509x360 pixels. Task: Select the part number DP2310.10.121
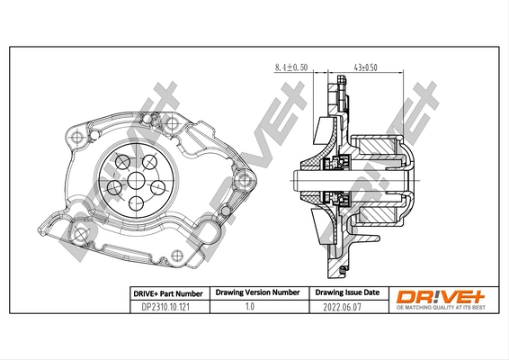tap(163, 308)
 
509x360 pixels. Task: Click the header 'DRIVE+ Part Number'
tap(163, 293)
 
